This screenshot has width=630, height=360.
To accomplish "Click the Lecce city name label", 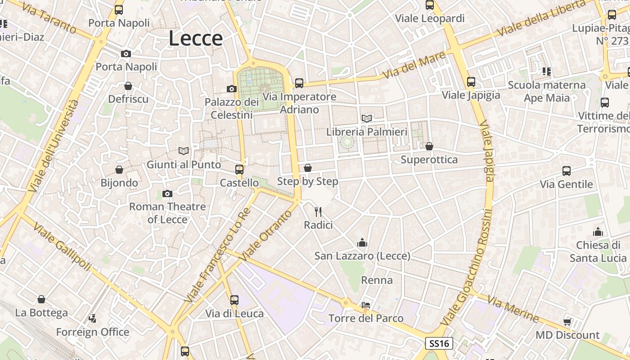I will coord(196,39).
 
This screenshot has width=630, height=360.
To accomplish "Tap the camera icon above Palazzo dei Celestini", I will coord(232,89).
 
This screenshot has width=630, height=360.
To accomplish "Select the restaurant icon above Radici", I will coord(318,211).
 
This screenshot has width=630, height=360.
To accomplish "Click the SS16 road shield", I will coord(439,343).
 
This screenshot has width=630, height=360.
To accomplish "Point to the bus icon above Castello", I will coord(239,169).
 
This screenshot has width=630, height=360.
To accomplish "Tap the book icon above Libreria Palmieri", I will coord(367,118).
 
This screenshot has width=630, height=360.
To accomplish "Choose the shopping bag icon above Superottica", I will coord(429,146).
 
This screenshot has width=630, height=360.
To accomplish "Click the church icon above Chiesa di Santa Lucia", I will coord(598,232).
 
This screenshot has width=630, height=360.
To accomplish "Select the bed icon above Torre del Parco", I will coord(366,305).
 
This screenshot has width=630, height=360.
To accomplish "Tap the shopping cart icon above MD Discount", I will coord(567,321).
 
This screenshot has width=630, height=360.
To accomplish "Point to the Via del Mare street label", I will coord(414,64).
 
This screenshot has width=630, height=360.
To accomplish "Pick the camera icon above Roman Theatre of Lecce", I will coord(167,193).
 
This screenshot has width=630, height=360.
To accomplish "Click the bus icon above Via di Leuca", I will coord(234,300).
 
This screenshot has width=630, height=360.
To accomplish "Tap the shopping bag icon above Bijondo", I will coord(119,169).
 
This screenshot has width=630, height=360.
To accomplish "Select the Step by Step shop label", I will coord(308,181).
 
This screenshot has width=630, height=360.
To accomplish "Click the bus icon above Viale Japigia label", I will coord(471,82).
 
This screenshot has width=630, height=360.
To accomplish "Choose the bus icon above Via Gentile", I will coord(567,171).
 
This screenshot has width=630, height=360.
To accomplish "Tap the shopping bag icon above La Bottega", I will coord(41,299).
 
